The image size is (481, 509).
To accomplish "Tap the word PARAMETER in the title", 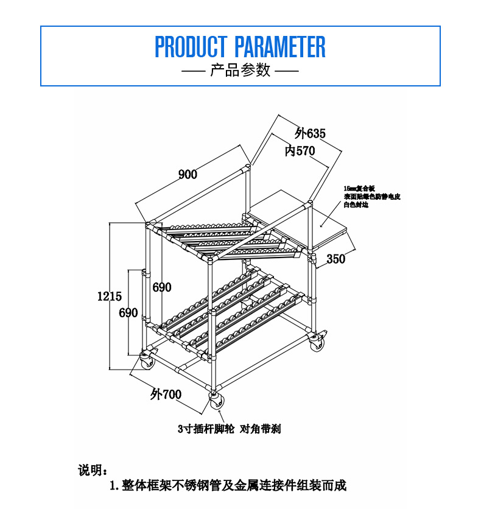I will pyautogui.click(x=280, y=47).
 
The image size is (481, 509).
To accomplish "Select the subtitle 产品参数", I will pyautogui.click(x=240, y=71).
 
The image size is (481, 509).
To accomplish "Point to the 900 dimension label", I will pyautogui.click(x=188, y=175).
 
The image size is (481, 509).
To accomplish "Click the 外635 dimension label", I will pyautogui.click(x=311, y=133).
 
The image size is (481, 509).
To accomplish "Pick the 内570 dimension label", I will pyautogui.click(x=300, y=151).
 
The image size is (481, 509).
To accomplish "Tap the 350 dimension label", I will pyautogui.click(x=335, y=259).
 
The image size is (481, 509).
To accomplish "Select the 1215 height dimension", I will pyautogui.click(x=110, y=297).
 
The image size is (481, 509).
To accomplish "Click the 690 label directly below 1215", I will pyautogui.click(x=128, y=313).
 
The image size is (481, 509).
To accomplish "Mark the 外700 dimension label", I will pyautogui.click(x=166, y=395).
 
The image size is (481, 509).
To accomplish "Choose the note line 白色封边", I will pyautogui.click(x=356, y=205).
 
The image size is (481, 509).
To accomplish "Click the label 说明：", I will pyautogui.click(x=93, y=470).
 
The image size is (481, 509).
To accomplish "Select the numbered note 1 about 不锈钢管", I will pyautogui.click(x=228, y=486).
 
